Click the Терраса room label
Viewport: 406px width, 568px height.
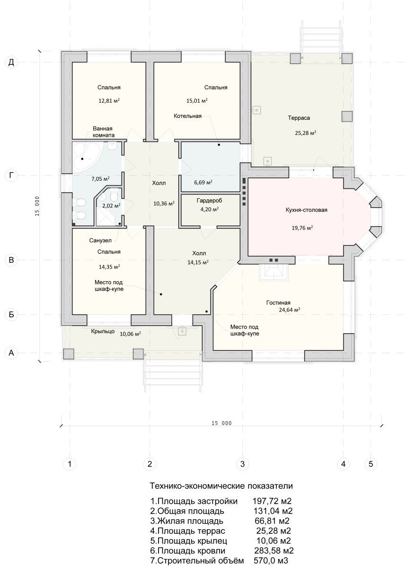coord(299,118)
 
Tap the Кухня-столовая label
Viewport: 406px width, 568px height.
coord(307,210)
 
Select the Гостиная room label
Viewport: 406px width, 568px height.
coord(278,302)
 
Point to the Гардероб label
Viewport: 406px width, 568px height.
coord(209,201)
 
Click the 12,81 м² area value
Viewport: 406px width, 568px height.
coord(109,101)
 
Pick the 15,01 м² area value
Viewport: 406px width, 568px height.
coord(197,101)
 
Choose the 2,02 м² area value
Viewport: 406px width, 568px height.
coord(111,205)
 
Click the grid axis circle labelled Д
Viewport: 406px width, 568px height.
coord(11,62)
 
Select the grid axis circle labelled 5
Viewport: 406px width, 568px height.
coord(371,464)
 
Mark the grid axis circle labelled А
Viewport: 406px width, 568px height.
coord(11,353)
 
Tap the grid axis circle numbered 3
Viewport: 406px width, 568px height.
coord(242,464)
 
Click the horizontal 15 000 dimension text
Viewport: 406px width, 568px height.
coord(221,423)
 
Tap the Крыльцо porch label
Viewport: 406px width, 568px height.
coord(103,331)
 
